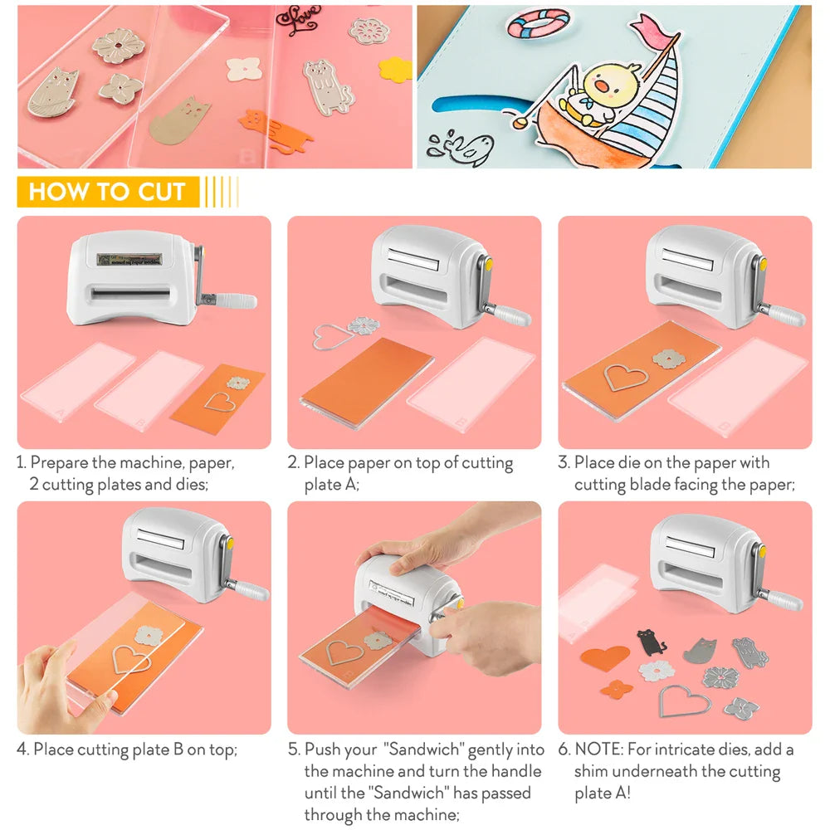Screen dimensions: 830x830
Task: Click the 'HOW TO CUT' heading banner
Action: (107, 192)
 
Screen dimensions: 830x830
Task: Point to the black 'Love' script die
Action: (299, 21)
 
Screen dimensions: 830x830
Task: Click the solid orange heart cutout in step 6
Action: (604, 659)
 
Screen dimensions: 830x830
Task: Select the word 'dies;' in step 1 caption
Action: (189, 484)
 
